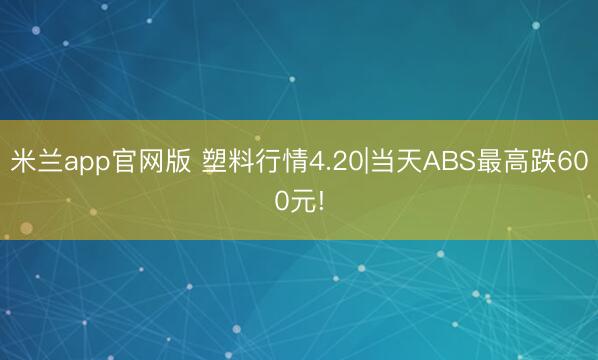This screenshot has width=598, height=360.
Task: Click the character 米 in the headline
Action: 23,163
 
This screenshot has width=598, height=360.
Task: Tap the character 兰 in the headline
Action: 49,163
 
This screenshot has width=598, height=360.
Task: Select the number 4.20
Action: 336,163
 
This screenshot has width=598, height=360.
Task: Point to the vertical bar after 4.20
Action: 367,163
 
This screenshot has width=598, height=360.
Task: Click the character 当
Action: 381,163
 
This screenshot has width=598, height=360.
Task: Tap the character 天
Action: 407,163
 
